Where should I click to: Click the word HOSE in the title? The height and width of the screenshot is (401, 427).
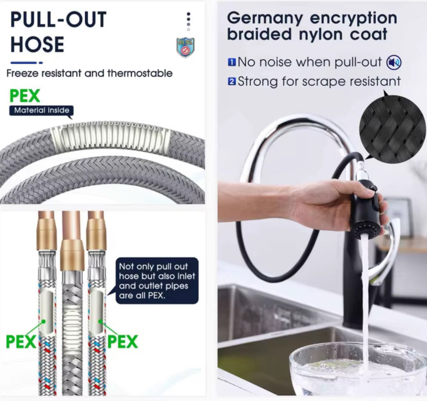37,45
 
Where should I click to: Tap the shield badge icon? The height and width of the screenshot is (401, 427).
185,48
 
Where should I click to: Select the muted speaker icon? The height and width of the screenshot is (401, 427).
394,62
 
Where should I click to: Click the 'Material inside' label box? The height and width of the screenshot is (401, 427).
42,110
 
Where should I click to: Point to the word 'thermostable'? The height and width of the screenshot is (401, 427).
140,73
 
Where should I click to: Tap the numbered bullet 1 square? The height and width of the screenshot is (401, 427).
232,62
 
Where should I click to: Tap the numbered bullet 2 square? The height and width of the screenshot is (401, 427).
232,82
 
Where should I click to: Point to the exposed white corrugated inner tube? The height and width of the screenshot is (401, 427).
111,137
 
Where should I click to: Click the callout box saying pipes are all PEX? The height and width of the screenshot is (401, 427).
157,281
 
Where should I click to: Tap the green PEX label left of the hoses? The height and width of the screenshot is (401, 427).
21,342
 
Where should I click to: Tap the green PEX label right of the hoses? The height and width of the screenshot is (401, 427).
123,342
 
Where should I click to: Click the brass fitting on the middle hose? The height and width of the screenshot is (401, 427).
72,255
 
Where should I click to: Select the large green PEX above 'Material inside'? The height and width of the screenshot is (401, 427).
25,96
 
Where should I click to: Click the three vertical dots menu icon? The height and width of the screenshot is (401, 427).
189,21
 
